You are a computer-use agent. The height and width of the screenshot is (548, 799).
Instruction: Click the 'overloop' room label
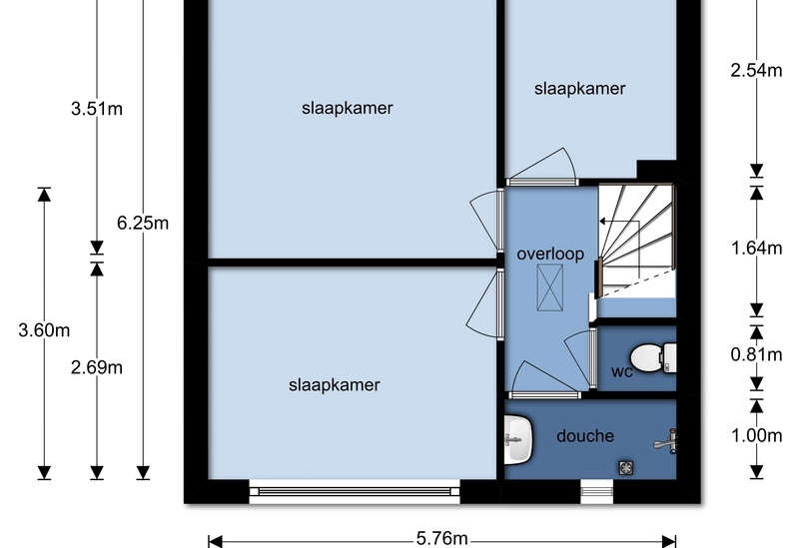(550, 254)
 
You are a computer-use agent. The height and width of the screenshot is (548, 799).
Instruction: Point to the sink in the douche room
(517, 438)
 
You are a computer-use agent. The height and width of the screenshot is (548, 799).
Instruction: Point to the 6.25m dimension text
(143, 223)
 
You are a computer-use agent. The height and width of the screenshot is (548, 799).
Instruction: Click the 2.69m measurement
(97, 367)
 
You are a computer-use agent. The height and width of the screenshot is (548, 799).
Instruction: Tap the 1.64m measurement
(756, 249)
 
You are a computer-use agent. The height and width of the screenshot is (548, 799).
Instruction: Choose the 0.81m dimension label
(756, 353)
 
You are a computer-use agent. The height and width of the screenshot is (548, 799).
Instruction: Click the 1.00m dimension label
(756, 435)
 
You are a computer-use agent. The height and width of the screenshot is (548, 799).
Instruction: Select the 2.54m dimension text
(756, 71)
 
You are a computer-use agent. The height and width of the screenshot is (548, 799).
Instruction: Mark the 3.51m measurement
(97, 110)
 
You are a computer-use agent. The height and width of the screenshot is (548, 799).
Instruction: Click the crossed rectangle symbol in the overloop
(550, 290)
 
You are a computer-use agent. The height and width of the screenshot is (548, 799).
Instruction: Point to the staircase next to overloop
(635, 240)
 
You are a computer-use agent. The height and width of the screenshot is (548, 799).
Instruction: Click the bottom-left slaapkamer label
(335, 384)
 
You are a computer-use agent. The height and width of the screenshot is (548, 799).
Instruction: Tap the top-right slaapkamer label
(580, 89)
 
